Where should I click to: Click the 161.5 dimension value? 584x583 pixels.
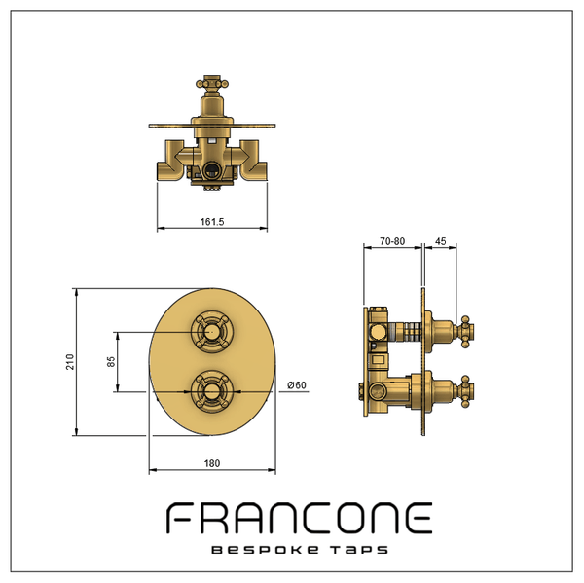pyautogui.click(x=212, y=222)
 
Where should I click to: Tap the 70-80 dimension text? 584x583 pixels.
pyautogui.click(x=392, y=241)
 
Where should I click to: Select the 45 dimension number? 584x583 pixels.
pyautogui.click(x=440, y=241)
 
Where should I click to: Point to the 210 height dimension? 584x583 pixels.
pyautogui.click(x=70, y=362)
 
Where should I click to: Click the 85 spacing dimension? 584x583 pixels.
pyautogui.click(x=111, y=362)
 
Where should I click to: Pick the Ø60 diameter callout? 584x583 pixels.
pyautogui.click(x=297, y=384)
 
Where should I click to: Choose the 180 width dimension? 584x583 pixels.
pyautogui.click(x=212, y=463)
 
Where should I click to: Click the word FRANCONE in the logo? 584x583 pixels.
pyautogui.click(x=299, y=518)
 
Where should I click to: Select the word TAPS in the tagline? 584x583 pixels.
pyautogui.click(x=359, y=550)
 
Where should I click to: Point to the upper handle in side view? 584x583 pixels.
pyautogui.click(x=466, y=332)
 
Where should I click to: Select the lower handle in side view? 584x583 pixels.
pyautogui.click(x=466, y=391)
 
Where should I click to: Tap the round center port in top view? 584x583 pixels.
pyautogui.click(x=212, y=170)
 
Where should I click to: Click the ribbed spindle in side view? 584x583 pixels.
pyautogui.click(x=413, y=332)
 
